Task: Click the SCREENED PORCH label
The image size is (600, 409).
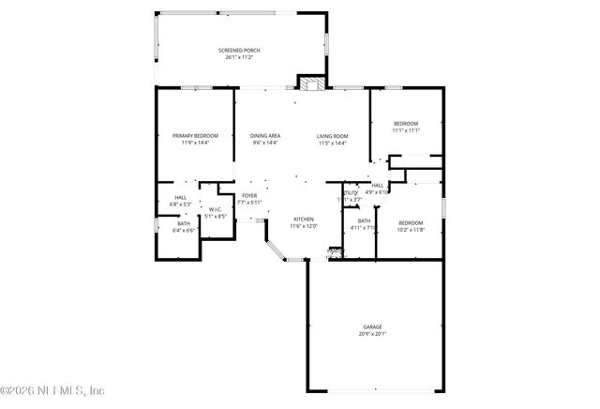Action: [x=239, y=50]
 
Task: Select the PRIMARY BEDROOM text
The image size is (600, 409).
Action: [x=195, y=136]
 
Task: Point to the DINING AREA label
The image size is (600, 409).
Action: [x=265, y=136]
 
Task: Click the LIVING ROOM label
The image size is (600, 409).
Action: [x=332, y=136]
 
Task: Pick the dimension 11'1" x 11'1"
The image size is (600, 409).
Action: [x=406, y=130]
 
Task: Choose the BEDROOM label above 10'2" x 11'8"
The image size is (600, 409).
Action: [x=411, y=221]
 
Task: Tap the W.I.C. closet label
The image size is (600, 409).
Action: [x=215, y=209]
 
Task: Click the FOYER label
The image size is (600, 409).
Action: [x=249, y=195]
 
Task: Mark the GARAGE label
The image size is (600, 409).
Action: [x=372, y=326]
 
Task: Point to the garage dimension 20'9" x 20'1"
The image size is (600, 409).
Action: [x=372, y=333]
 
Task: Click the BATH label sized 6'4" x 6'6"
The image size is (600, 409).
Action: [x=184, y=223]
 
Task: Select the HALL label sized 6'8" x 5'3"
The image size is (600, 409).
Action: [x=180, y=197]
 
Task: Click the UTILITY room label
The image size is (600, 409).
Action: [x=350, y=192]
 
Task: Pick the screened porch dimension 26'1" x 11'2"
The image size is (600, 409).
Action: [x=239, y=57]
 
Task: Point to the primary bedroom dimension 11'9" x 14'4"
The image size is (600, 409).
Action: [x=195, y=143]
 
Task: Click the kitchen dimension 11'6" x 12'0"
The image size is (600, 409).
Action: [x=304, y=226]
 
